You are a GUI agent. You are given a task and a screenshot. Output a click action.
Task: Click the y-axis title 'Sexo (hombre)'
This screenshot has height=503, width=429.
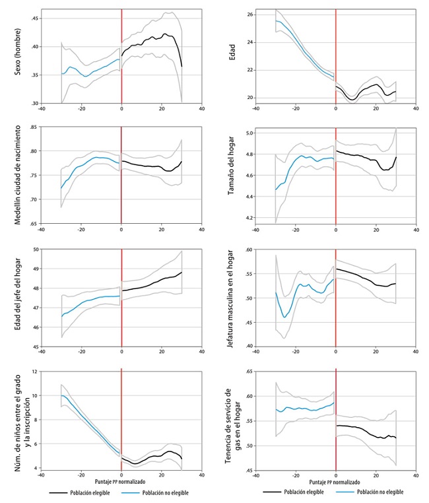(15, 57)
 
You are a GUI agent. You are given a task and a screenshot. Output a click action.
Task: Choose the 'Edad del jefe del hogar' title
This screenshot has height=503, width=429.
(15, 298)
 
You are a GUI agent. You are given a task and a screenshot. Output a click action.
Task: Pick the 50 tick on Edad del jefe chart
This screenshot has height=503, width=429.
(35, 250)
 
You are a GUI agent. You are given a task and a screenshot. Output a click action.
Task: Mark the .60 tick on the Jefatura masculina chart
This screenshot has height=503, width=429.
(249, 250)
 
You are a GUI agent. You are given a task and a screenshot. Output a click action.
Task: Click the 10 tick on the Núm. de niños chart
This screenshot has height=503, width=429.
(35, 395)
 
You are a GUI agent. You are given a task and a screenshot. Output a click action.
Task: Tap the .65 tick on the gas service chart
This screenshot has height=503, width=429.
(249, 372)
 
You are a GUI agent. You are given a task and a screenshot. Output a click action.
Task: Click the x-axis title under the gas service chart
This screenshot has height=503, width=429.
(336, 482)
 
